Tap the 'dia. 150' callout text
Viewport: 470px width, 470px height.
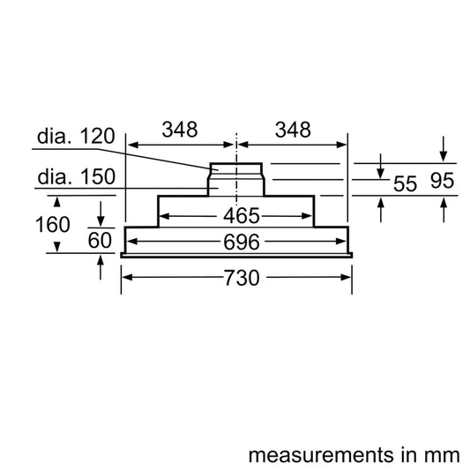coord(75,177)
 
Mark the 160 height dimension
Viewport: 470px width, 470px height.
coord(52,225)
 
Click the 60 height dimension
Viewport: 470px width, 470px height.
coord(101,241)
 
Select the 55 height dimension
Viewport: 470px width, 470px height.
coord(404,183)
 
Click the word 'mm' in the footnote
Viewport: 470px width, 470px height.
coord(443,432)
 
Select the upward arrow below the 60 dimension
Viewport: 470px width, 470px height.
coord(101,266)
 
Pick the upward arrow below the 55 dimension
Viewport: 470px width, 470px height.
coord(381,208)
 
